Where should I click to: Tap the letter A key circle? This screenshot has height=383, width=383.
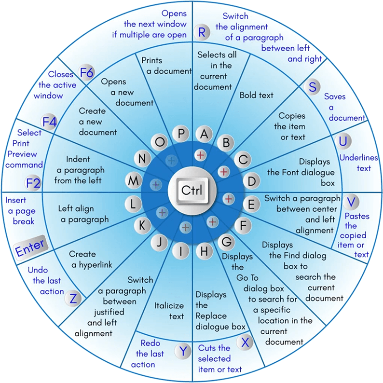(205, 135)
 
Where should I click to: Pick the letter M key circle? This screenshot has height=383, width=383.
(133, 181)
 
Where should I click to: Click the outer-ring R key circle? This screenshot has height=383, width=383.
(202, 32)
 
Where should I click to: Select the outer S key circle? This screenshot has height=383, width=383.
(313, 87)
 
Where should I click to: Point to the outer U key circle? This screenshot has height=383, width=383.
(343, 141)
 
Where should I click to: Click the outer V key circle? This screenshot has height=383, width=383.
(352, 201)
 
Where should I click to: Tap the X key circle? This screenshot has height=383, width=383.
(245, 342)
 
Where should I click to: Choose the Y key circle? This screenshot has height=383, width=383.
(182, 351)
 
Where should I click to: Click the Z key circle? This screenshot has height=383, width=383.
(73, 299)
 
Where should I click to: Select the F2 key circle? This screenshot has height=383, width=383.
(33, 184)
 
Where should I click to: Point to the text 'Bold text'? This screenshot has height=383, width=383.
(257, 95)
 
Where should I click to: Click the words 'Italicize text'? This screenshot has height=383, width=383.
(169, 311)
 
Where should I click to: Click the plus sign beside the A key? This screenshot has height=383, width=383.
(200, 154)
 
